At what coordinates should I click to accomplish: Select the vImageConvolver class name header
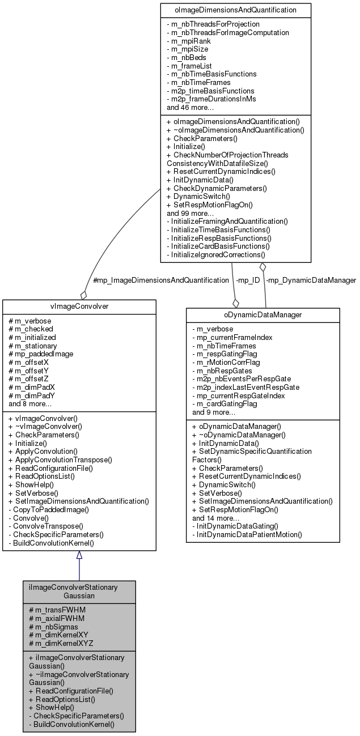point(79,306)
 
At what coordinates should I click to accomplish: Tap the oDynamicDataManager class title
point(262,314)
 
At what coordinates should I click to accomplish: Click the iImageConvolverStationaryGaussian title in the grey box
point(79,592)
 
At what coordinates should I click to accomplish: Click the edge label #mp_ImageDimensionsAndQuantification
point(160,280)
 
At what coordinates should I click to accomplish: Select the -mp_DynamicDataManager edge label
point(311,280)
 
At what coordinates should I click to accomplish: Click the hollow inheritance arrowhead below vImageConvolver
point(79,555)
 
